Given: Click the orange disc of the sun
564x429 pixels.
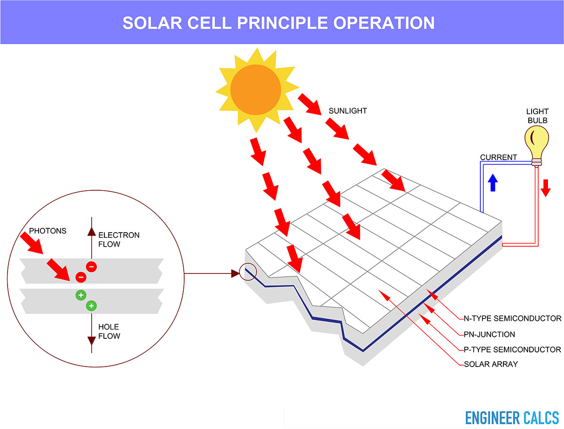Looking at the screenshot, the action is [256, 90].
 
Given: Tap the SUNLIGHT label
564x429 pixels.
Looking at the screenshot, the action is [348, 111].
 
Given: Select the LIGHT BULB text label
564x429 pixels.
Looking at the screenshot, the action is [537, 116].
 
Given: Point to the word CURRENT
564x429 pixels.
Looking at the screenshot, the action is [499, 157].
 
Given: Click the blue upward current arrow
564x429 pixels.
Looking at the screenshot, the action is [493, 183].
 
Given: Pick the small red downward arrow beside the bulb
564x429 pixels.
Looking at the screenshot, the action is [546, 188].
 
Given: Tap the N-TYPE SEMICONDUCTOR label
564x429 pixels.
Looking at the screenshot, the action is [512, 318].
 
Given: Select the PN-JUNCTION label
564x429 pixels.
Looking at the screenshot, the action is [489, 334].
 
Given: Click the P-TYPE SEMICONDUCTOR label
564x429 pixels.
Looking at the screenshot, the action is [512, 350].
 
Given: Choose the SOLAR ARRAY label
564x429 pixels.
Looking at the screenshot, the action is [491, 364].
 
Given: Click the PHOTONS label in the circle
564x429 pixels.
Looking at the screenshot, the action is [47, 231].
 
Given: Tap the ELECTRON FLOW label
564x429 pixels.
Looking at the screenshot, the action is [119, 240].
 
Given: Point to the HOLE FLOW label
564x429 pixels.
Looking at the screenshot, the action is [109, 331].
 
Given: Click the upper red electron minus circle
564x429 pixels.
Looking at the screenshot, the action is [91, 266].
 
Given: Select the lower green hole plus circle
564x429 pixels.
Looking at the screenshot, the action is [91, 306].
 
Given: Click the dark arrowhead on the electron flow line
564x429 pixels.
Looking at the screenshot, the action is [92, 232].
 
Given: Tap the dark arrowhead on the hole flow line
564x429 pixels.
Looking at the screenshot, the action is [92, 341].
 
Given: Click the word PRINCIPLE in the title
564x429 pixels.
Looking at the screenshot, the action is [282, 23].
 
